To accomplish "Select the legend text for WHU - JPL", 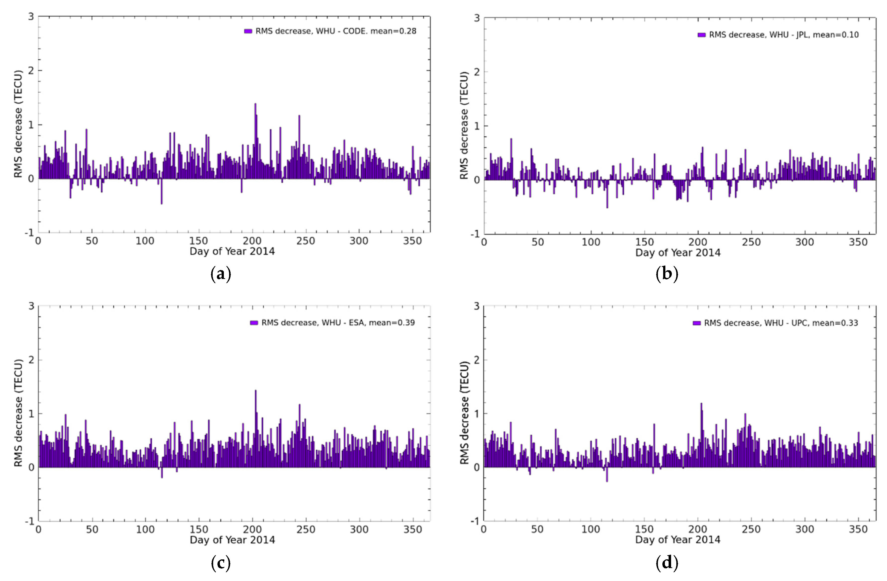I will [783, 35].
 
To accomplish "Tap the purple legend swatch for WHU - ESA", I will [254, 323].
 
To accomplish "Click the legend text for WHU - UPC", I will [781, 323].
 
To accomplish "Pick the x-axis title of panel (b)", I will [678, 253].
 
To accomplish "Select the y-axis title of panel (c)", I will [18, 413].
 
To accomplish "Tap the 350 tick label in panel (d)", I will [858, 529].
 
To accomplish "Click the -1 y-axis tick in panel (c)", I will [29, 521].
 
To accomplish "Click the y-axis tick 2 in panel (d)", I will [476, 360].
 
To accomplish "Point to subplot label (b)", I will [667, 274].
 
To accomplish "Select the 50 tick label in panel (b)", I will [537, 242].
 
